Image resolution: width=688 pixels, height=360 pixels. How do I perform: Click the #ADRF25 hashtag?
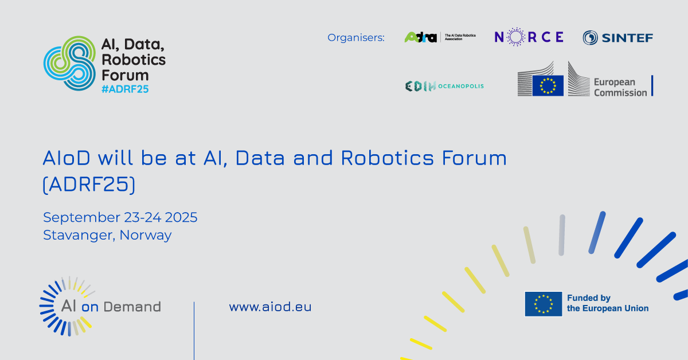coord(125,89)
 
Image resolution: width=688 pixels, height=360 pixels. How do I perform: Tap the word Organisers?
coord(355,37)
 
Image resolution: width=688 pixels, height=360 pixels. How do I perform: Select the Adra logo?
coord(440,37)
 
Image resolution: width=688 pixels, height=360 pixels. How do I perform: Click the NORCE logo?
coord(529,37)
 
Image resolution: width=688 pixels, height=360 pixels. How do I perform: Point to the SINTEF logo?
coord(617,38)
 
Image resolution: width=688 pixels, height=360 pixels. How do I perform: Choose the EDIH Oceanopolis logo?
coord(444,87)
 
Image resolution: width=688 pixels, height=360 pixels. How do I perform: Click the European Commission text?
coord(620,87)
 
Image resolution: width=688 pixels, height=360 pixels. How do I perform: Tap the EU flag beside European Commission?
coord(548,85)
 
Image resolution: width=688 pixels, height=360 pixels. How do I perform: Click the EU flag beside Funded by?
coord(544,304)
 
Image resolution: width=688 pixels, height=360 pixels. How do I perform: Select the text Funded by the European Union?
coord(608,303)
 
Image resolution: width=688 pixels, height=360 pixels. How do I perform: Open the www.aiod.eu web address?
coord(270,307)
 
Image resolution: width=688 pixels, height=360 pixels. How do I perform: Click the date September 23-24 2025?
coord(120,217)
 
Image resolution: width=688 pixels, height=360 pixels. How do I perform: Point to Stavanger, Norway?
coord(107,235)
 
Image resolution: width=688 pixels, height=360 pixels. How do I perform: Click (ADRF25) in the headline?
coord(89,185)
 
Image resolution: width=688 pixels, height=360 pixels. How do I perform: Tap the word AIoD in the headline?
coord(67,158)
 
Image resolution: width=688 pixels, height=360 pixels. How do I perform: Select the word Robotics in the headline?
coord(388,158)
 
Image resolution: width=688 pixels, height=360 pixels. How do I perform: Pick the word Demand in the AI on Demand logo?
coord(132,307)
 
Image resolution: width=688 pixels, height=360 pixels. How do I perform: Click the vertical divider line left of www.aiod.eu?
coord(194,331)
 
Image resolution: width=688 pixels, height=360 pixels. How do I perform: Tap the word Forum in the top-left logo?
coord(125,75)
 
